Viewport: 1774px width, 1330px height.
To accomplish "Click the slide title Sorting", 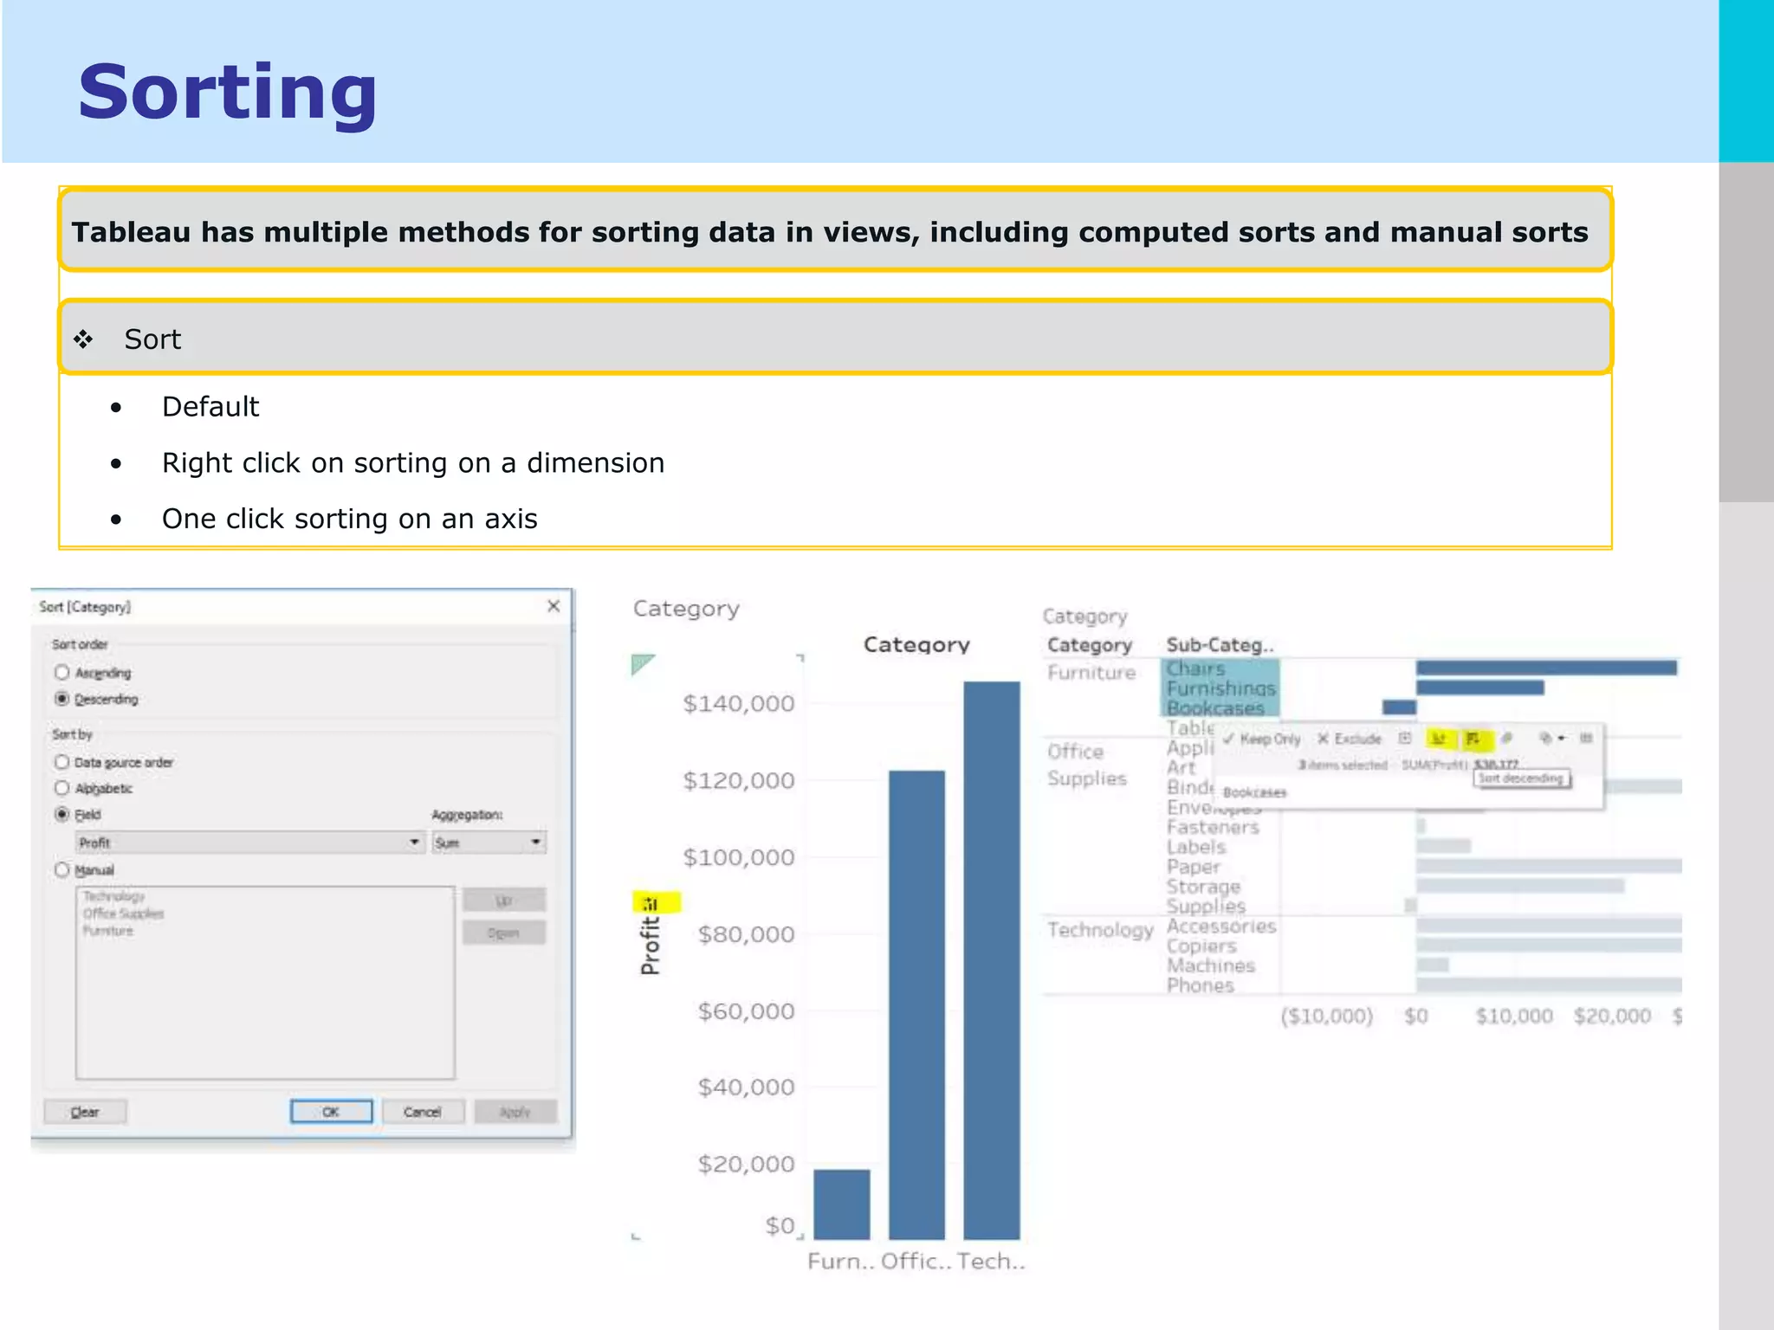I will (227, 92).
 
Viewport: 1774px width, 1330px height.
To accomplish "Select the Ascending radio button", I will (62, 673).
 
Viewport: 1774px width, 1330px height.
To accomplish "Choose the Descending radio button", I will (62, 699).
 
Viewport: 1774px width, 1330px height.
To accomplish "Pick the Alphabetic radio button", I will (62, 788).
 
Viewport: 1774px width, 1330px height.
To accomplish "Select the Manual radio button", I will (62, 869).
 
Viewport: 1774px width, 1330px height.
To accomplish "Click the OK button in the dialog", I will (331, 1111).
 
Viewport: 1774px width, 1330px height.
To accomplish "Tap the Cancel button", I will (423, 1111).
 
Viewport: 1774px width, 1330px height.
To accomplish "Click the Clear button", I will (85, 1111).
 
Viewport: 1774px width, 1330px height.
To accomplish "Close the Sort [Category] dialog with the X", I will (554, 606).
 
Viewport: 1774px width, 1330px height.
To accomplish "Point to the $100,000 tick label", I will (738, 857).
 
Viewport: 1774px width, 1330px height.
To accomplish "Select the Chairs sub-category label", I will (1195, 668).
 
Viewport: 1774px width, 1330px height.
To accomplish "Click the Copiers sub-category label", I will (1201, 946).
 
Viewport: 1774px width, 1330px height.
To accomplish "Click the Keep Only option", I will (1262, 739).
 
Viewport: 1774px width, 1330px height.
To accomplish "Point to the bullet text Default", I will (210, 406).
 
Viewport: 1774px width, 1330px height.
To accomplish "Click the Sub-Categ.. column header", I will (1220, 645).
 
